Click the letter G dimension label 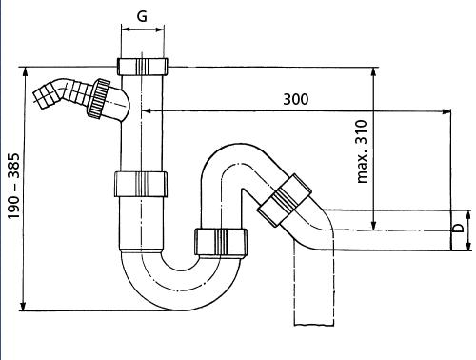143,16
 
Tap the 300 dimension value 296,99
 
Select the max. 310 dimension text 362,151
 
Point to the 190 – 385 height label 14,187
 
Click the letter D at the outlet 458,228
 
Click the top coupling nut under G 143,67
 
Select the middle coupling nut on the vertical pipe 141,185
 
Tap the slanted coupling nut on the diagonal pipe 285,200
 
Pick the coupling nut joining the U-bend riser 221,242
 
